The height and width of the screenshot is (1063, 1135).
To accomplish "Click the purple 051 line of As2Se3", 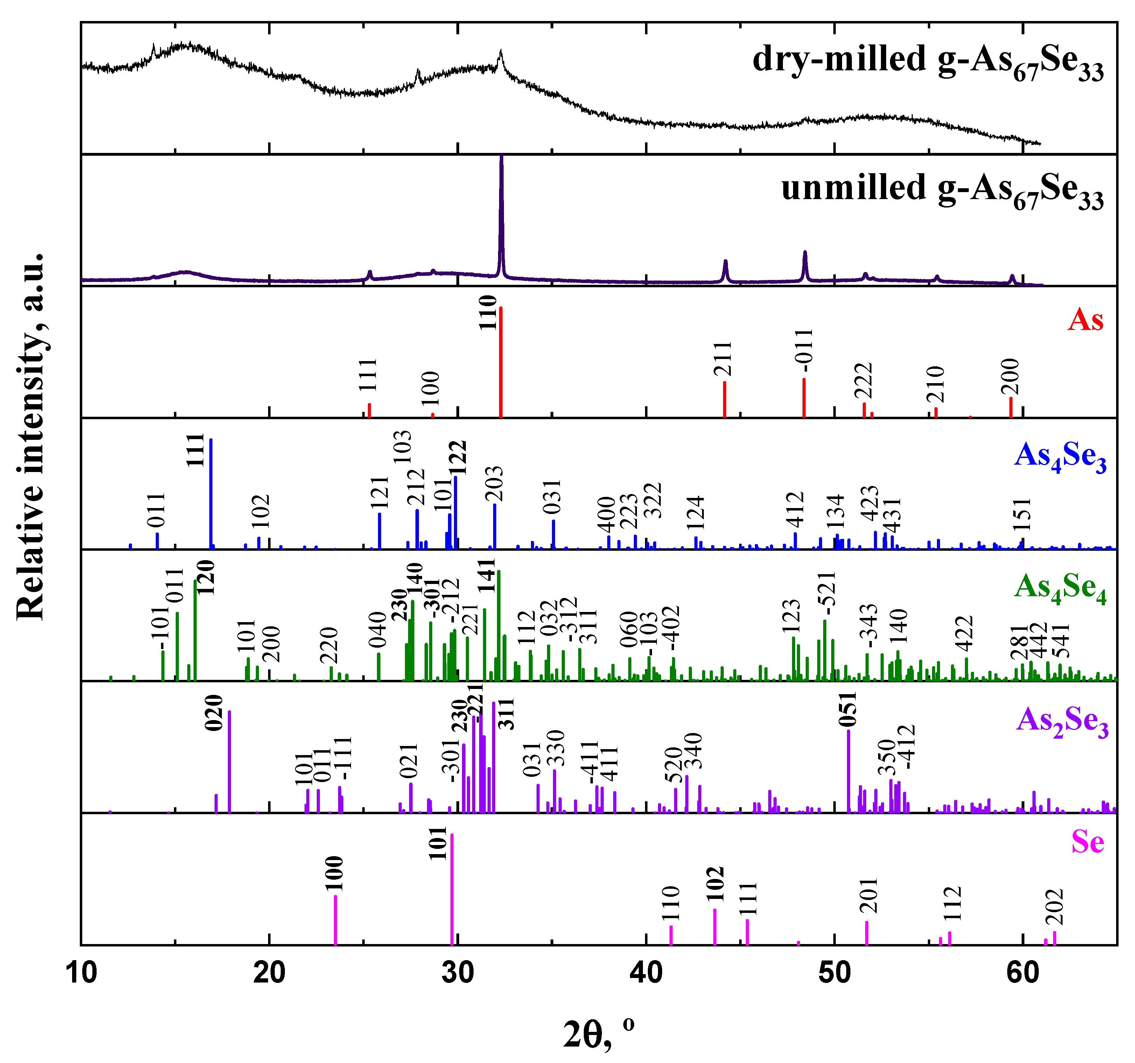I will pos(848,771).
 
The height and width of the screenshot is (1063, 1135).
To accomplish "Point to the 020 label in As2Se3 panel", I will pos(215,713).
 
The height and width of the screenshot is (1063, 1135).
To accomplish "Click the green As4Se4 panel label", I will pos(1060,588).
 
